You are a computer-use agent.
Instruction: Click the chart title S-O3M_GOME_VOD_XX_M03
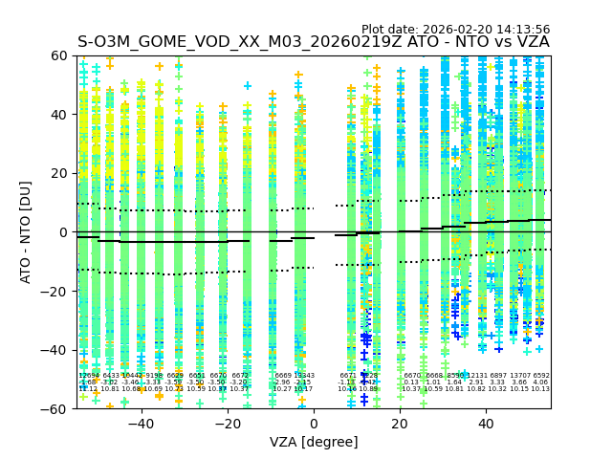[314, 43]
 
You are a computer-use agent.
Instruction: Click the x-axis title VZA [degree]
[314, 442]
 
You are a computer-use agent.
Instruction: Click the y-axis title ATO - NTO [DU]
[26, 232]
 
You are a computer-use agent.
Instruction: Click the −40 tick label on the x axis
[141, 424]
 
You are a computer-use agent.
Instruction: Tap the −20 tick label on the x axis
[227, 424]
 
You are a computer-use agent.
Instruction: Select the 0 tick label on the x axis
[314, 424]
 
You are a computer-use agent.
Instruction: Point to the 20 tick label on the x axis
[401, 424]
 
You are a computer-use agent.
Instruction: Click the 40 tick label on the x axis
[487, 424]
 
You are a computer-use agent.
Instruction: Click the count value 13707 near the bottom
[520, 376]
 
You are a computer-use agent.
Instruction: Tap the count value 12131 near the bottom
[476, 376]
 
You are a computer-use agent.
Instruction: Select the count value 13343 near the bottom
[303, 376]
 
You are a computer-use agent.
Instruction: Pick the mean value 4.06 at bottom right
[541, 382]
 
